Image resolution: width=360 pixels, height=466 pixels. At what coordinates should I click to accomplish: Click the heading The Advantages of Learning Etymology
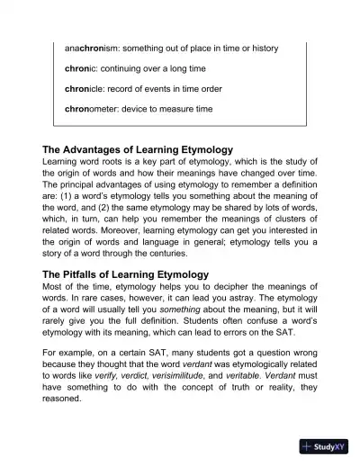tap(138, 148)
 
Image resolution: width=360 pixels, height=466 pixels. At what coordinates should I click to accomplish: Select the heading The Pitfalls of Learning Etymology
tap(125, 273)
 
